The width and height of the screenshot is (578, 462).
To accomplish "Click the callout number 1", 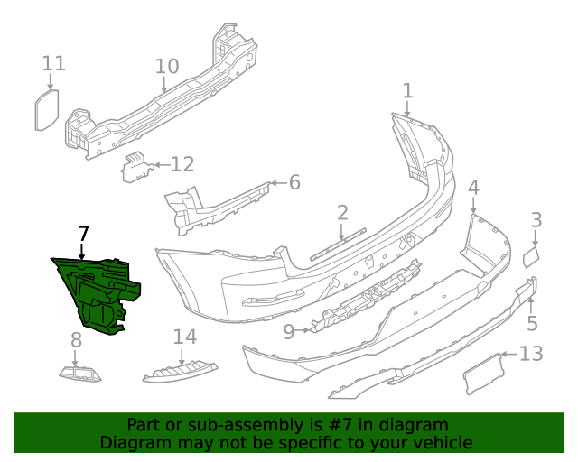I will point(407,90).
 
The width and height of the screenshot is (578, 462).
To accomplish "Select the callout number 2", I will point(342,213).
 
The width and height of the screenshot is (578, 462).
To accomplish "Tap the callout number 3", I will point(536,219).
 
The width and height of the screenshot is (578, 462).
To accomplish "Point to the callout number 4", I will point(473,188).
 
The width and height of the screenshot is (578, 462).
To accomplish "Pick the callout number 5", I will point(532,323).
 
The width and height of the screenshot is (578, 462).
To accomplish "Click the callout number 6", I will point(294,183).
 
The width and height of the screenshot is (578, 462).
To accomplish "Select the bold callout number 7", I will point(83,234).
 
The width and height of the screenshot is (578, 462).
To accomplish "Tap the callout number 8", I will point(76,339).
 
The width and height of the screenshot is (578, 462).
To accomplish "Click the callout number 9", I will point(289,332).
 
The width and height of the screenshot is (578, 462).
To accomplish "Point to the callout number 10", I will point(166,66).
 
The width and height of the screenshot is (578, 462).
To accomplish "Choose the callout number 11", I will point(54,63).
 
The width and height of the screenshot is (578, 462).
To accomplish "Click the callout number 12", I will point(182,164).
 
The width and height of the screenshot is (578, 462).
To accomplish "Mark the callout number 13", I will point(531,353).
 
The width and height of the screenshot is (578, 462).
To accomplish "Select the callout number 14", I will point(184,337).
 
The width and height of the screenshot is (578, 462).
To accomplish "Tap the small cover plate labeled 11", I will point(46,110).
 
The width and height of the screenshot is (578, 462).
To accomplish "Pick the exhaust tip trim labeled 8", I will point(79,371).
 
